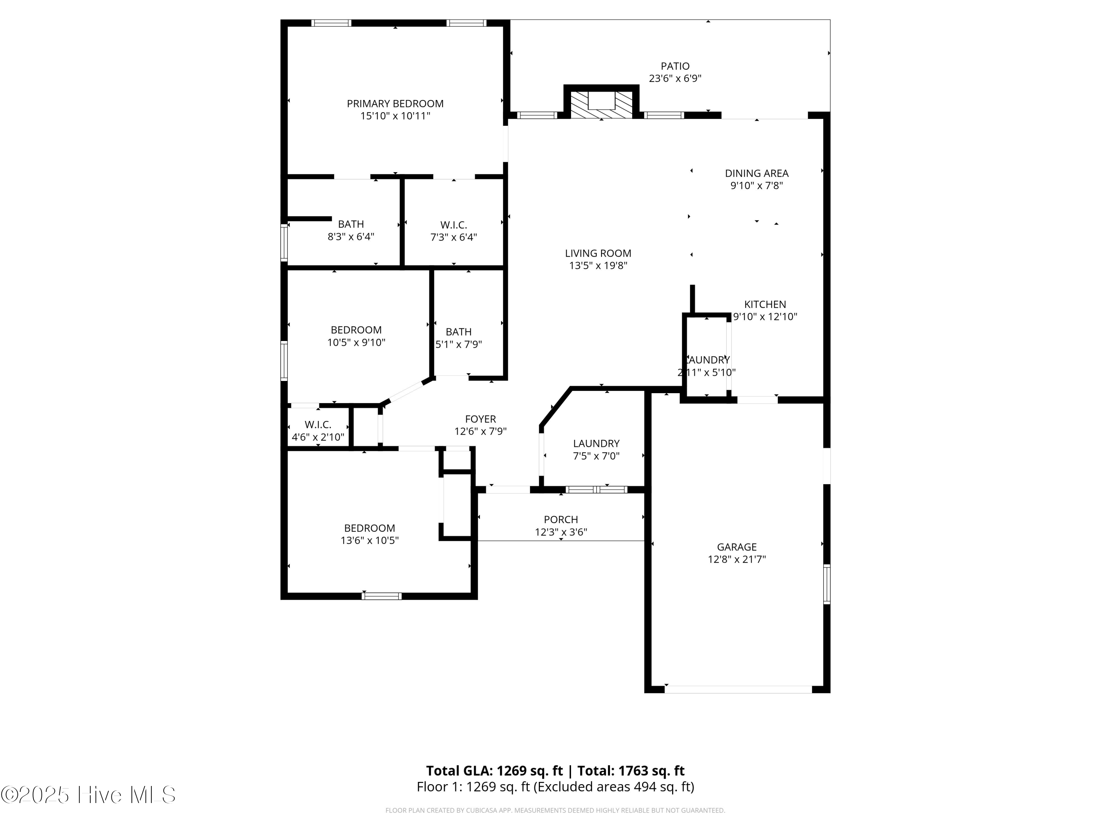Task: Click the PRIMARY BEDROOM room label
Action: (x=395, y=103)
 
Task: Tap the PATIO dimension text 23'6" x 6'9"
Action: (x=675, y=78)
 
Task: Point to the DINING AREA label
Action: (x=756, y=173)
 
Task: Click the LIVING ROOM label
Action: (x=598, y=254)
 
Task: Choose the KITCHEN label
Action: (x=765, y=304)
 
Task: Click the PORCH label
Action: (x=561, y=520)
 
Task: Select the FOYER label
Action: (x=480, y=419)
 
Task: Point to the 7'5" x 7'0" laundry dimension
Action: (x=596, y=456)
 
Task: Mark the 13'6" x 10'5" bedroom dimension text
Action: (x=370, y=540)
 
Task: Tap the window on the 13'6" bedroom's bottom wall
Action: (x=381, y=596)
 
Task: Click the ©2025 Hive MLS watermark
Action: (x=89, y=795)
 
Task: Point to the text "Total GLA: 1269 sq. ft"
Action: (x=495, y=771)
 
